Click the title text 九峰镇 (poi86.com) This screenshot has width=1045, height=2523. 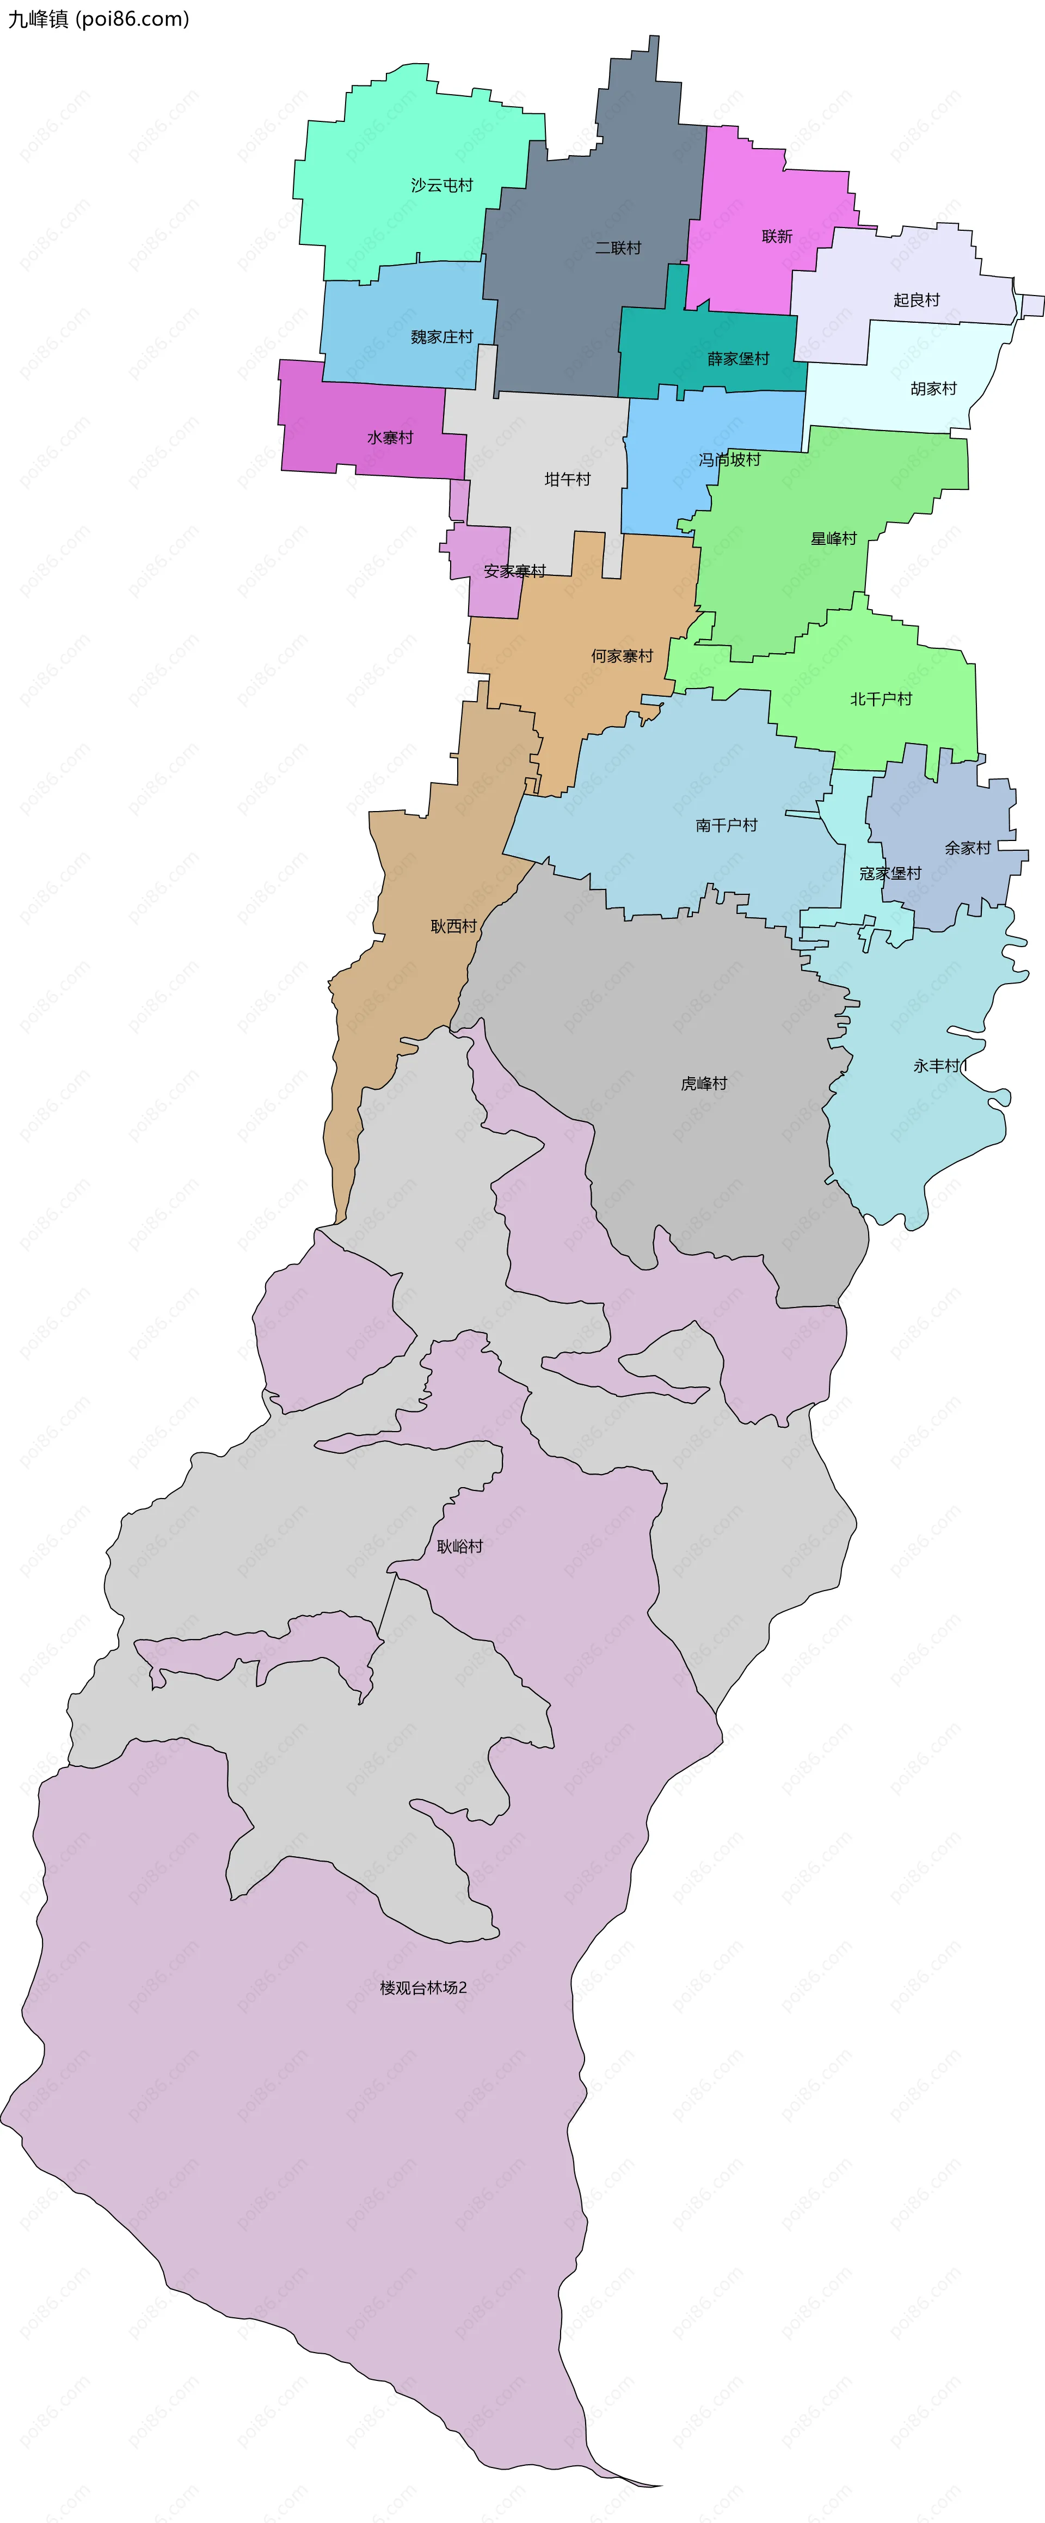click(x=98, y=19)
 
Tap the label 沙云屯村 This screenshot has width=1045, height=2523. click(x=442, y=185)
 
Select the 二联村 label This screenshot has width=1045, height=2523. click(x=618, y=248)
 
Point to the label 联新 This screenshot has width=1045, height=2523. click(x=777, y=236)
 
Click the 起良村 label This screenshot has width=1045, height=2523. click(x=915, y=300)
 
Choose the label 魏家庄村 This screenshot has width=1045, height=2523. click(x=442, y=337)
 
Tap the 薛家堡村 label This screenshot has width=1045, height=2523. click(x=739, y=359)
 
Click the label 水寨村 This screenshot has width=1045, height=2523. click(x=390, y=438)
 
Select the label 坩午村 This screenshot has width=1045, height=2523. click(x=567, y=479)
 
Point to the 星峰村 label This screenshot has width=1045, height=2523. click(x=833, y=539)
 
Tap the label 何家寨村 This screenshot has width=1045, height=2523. click(x=621, y=656)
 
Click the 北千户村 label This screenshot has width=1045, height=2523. click(x=881, y=699)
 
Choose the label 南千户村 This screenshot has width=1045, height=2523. click(x=726, y=826)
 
